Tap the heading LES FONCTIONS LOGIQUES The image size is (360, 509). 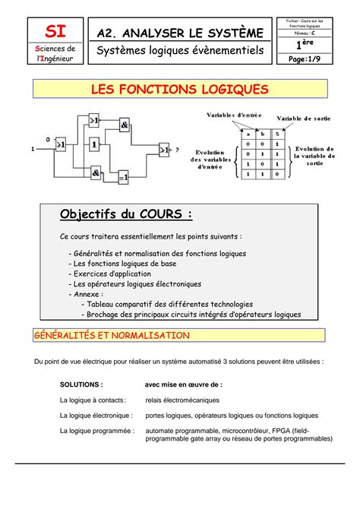coord(179,90)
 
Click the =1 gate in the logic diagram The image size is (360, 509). coord(123,176)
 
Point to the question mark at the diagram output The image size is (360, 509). coord(178,150)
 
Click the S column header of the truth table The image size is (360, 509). coord(277,134)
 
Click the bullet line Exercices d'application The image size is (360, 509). coord(112,273)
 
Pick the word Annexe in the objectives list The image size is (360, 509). coord(88,293)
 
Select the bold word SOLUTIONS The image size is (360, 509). coord(81,384)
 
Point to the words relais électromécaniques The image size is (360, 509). coord(182,400)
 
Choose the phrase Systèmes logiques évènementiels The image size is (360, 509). coord(179,51)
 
